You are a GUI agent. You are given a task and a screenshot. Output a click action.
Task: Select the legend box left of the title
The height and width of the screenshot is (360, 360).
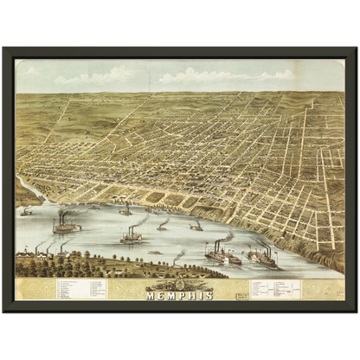click(83, 288)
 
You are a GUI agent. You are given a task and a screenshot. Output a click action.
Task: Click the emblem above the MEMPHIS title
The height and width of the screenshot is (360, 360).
click(180, 285)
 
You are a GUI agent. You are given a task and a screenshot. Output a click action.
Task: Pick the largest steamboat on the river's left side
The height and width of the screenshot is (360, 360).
click(66, 227)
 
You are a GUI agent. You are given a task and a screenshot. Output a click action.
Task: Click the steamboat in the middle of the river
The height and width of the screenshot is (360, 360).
click(131, 235)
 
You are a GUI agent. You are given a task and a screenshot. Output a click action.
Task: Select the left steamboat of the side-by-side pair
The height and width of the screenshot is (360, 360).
click(222, 256)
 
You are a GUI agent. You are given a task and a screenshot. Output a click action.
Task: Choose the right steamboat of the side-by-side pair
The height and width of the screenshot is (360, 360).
click(260, 256)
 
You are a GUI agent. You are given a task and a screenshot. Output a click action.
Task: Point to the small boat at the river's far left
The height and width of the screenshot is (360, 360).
click(27, 211)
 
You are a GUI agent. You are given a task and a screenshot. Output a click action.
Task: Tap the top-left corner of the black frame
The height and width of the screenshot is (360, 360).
click(3, 46)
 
